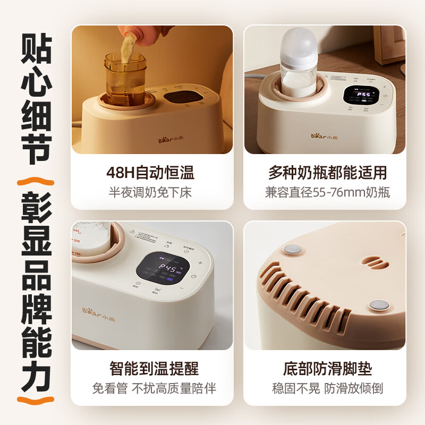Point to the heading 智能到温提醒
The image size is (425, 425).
point(154,368)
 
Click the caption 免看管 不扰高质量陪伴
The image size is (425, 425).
point(154,388)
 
